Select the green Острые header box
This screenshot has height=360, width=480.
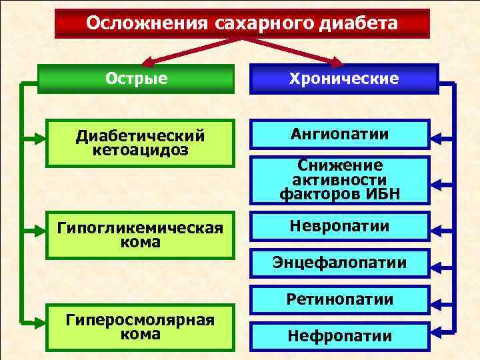tap(137, 79)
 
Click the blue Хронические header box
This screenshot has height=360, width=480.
tap(343, 79)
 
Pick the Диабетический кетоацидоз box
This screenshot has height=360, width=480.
tap(139, 143)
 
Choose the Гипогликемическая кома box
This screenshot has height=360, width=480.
tap(139, 235)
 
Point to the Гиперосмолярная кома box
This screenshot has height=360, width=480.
tap(139, 327)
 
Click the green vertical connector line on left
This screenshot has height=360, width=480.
tap(23, 200)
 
